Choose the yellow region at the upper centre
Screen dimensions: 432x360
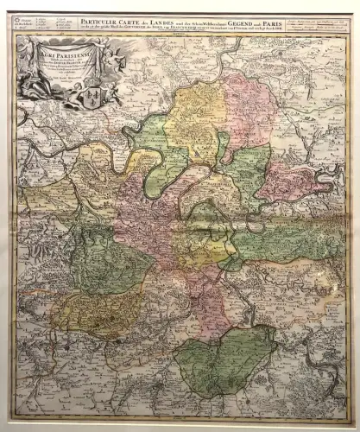click(194, 121)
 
